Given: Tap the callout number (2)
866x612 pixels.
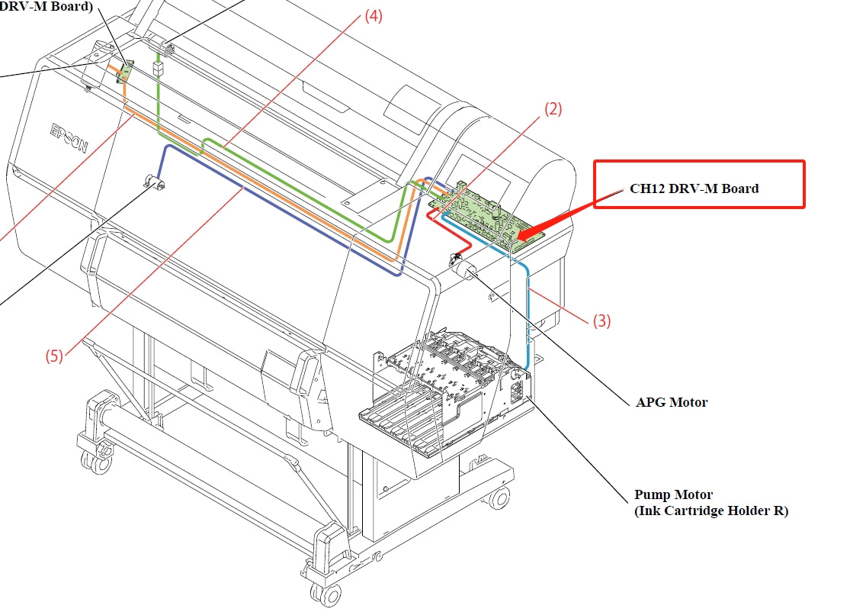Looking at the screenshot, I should pyautogui.click(x=553, y=109).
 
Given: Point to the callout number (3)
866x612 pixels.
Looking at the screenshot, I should pyautogui.click(x=601, y=321).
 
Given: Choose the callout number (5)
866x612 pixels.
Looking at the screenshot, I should pyautogui.click(x=53, y=356).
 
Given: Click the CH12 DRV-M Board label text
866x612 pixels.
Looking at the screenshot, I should pyautogui.click(x=694, y=188).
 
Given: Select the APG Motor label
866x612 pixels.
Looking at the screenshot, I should pyautogui.click(x=672, y=402).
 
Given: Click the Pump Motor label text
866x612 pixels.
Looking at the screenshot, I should pyautogui.click(x=674, y=494).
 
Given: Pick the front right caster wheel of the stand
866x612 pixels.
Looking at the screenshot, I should pyautogui.click(x=499, y=498).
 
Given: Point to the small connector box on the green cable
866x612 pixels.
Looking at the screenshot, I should pyautogui.click(x=159, y=68).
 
